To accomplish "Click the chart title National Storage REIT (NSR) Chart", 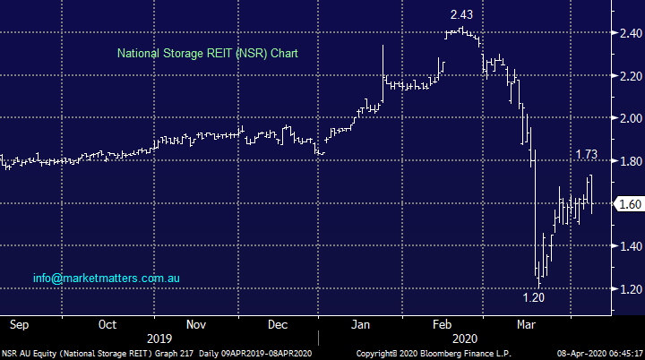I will pyautogui.click(x=208, y=54).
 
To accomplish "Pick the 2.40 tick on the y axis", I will pyautogui.click(x=629, y=33).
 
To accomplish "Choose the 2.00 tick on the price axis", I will pyautogui.click(x=629, y=118).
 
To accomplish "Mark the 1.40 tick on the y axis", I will pyautogui.click(x=629, y=246).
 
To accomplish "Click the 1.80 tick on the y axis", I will pyautogui.click(x=629, y=161).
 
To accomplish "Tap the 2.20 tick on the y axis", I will pyautogui.click(x=629, y=76).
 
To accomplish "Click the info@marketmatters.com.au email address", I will pyautogui.click(x=107, y=279).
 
